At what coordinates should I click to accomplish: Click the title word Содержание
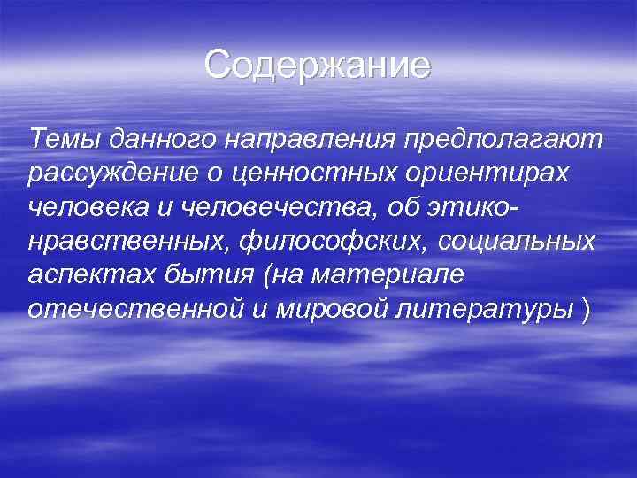[318, 66]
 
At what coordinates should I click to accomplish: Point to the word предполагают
[502, 140]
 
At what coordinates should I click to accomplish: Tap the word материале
[395, 276]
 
